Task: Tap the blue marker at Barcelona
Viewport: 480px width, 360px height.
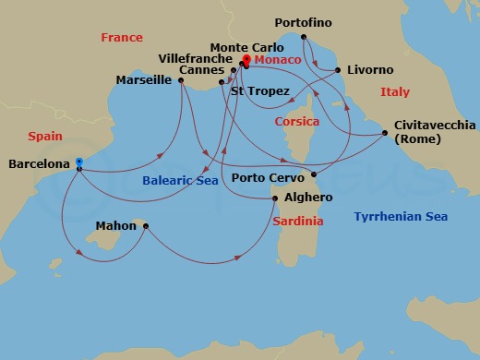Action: [x=79, y=162]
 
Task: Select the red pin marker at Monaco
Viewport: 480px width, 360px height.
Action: [x=246, y=60]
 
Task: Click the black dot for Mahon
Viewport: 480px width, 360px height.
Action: [x=145, y=226]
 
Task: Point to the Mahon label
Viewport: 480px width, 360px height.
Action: [x=116, y=226]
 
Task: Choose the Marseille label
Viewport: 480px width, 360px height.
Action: [x=145, y=80]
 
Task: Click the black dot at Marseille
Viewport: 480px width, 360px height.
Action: [x=181, y=81]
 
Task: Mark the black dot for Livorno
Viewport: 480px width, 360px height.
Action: [x=338, y=70]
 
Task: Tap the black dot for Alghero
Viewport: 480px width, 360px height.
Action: [x=274, y=198]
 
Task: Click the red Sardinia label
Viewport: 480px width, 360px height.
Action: [x=298, y=222]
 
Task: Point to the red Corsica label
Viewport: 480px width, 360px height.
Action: [x=296, y=122]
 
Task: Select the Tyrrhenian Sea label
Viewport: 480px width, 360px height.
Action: [x=401, y=217]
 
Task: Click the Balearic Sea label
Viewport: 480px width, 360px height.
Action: [x=180, y=181]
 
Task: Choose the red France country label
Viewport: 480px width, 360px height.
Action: [x=122, y=38]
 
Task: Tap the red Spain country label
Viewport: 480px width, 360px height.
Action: [x=45, y=136]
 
